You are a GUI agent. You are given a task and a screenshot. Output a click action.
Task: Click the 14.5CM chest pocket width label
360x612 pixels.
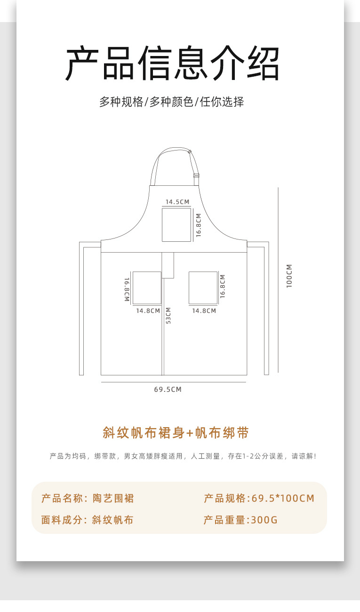177,202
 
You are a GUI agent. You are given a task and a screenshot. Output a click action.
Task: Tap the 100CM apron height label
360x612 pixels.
289,276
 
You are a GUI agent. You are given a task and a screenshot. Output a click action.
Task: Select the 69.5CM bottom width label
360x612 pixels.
168,389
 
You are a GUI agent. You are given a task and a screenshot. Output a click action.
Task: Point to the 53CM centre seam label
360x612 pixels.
168,315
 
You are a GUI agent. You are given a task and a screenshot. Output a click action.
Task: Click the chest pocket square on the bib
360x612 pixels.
176,225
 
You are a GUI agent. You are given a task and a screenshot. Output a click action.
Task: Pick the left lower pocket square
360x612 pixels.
147,288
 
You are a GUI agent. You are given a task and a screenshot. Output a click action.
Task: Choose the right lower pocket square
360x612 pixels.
203,288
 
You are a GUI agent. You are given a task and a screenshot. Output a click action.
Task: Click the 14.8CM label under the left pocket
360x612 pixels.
148,311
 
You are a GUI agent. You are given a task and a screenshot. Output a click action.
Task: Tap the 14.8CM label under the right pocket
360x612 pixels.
204,311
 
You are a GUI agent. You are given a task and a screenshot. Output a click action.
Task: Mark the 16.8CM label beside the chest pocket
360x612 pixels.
199,225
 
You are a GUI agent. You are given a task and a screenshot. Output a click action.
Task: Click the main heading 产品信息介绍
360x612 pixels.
172,64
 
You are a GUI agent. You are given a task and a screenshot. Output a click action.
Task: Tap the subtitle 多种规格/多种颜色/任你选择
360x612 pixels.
171,102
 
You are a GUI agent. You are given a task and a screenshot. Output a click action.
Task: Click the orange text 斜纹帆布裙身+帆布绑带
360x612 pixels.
176,433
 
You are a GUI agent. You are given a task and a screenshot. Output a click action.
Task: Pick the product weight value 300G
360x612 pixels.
264,520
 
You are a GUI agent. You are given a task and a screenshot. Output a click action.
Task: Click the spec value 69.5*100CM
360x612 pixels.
283,499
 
